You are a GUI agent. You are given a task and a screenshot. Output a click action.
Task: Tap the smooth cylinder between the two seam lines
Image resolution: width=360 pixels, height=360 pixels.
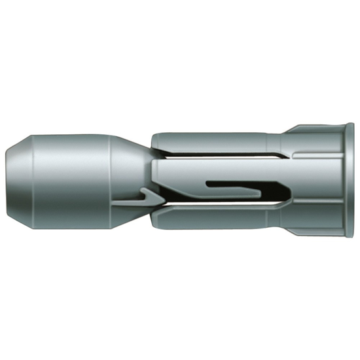pyautogui.click(x=65, y=180)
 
